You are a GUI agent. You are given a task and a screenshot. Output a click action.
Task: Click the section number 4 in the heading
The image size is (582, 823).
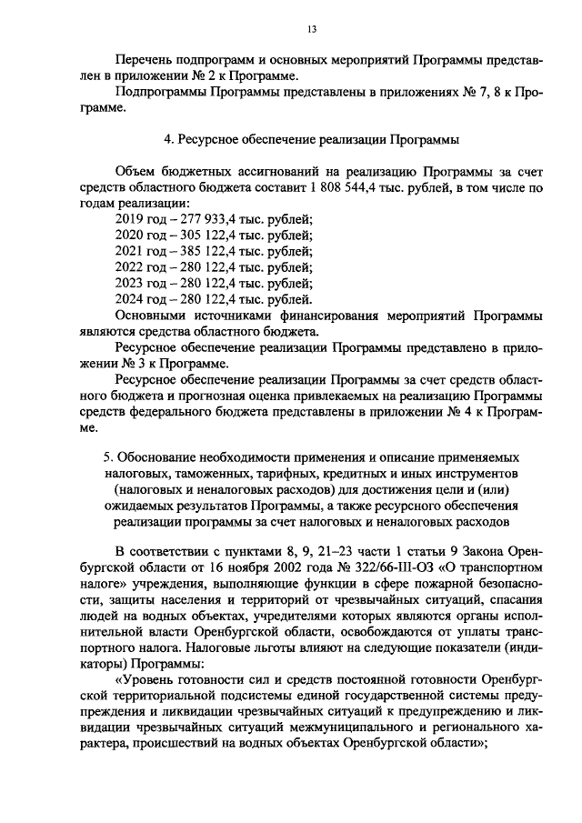click(x=166, y=140)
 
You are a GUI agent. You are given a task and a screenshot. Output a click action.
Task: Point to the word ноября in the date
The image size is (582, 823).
click(x=250, y=567)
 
